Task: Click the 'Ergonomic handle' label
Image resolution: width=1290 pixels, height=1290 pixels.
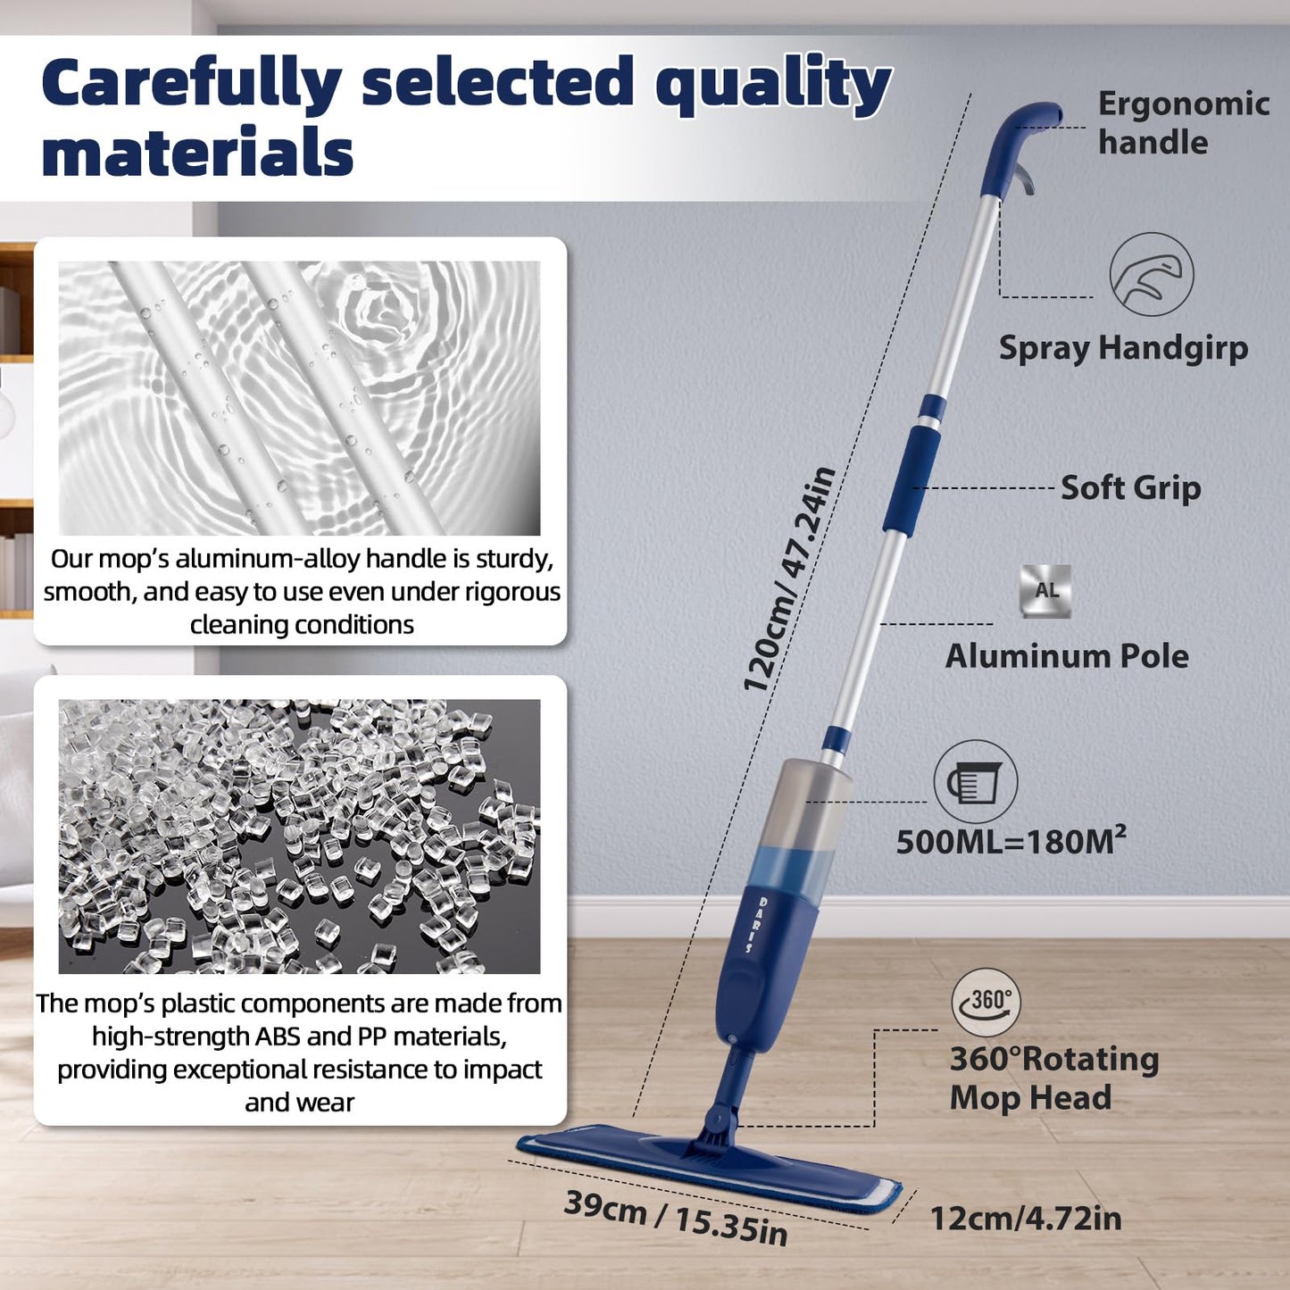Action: [x=1183, y=123]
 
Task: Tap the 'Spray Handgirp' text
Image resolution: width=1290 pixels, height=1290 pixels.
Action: [x=1123, y=348]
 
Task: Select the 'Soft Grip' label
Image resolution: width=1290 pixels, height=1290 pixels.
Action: [x=1130, y=487]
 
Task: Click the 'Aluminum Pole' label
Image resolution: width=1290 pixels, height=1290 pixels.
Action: [x=1067, y=656]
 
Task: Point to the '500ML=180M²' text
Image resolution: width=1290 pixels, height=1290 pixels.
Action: [x=1011, y=841]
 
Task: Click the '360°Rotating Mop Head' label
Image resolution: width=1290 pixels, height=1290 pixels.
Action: [x=1053, y=1078]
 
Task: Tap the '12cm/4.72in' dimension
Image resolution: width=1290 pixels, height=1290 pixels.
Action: [x=1026, y=1219]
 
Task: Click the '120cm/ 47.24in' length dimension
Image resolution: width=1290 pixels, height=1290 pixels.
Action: [x=789, y=580]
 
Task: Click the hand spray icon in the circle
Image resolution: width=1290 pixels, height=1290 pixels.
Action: [x=1151, y=274]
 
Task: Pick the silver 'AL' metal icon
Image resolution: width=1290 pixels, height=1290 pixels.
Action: [x=1045, y=591]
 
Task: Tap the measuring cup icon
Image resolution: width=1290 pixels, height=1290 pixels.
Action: [x=975, y=782]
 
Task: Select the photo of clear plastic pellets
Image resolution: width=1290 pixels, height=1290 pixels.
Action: [x=299, y=836]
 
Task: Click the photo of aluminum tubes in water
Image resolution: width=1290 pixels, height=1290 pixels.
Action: [x=299, y=397]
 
